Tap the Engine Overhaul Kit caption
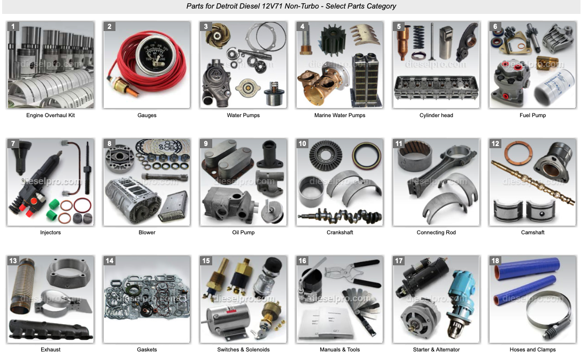pyautogui.click(x=50, y=116)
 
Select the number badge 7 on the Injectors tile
pyautogui.click(x=13, y=143)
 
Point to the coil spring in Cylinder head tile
pyautogui.click(x=419, y=37)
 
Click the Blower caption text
pyautogui.click(x=147, y=233)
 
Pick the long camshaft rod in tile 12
pyautogui.click(x=533, y=182)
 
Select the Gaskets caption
pyautogui.click(x=147, y=350)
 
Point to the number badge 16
pyautogui.click(x=303, y=261)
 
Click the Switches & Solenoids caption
pyautogui.click(x=243, y=350)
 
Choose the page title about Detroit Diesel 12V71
pyautogui.click(x=291, y=6)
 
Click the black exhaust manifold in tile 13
pyautogui.click(x=50, y=329)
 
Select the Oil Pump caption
pyautogui.click(x=243, y=233)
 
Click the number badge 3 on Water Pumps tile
pyautogui.click(x=206, y=26)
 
